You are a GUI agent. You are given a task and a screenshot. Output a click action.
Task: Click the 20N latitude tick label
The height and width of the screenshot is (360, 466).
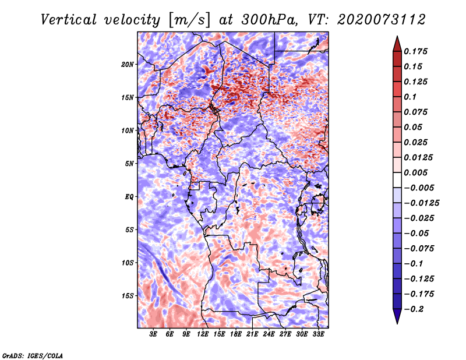[x=128, y=64]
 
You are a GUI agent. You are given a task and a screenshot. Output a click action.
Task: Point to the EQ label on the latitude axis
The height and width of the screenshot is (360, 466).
[x=129, y=196]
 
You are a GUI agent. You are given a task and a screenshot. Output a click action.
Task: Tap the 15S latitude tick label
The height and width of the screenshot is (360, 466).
[x=128, y=295]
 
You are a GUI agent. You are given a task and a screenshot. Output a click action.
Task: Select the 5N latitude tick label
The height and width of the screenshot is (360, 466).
[x=129, y=163]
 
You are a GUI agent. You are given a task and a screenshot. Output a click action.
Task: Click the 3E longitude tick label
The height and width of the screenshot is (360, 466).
[x=154, y=334]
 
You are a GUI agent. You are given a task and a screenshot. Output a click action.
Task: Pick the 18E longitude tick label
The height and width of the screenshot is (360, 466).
[x=236, y=334]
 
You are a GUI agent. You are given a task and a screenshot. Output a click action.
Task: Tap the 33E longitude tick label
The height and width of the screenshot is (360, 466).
[x=318, y=334]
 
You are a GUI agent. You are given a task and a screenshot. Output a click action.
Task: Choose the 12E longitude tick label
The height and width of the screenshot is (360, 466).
[x=203, y=334]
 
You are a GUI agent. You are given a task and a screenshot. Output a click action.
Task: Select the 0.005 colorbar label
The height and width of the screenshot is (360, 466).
[x=417, y=172]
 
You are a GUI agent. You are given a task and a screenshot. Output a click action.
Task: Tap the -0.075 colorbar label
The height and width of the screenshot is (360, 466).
[x=419, y=248]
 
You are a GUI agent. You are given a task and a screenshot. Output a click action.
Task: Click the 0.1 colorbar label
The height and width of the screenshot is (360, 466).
[x=410, y=97]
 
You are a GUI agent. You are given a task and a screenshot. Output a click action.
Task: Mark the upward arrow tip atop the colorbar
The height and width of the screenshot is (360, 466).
[x=397, y=37]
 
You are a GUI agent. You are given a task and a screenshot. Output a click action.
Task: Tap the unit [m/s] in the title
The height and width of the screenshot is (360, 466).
[x=189, y=19]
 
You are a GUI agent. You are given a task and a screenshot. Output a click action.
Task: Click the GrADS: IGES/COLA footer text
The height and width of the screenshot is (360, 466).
[x=32, y=355]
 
